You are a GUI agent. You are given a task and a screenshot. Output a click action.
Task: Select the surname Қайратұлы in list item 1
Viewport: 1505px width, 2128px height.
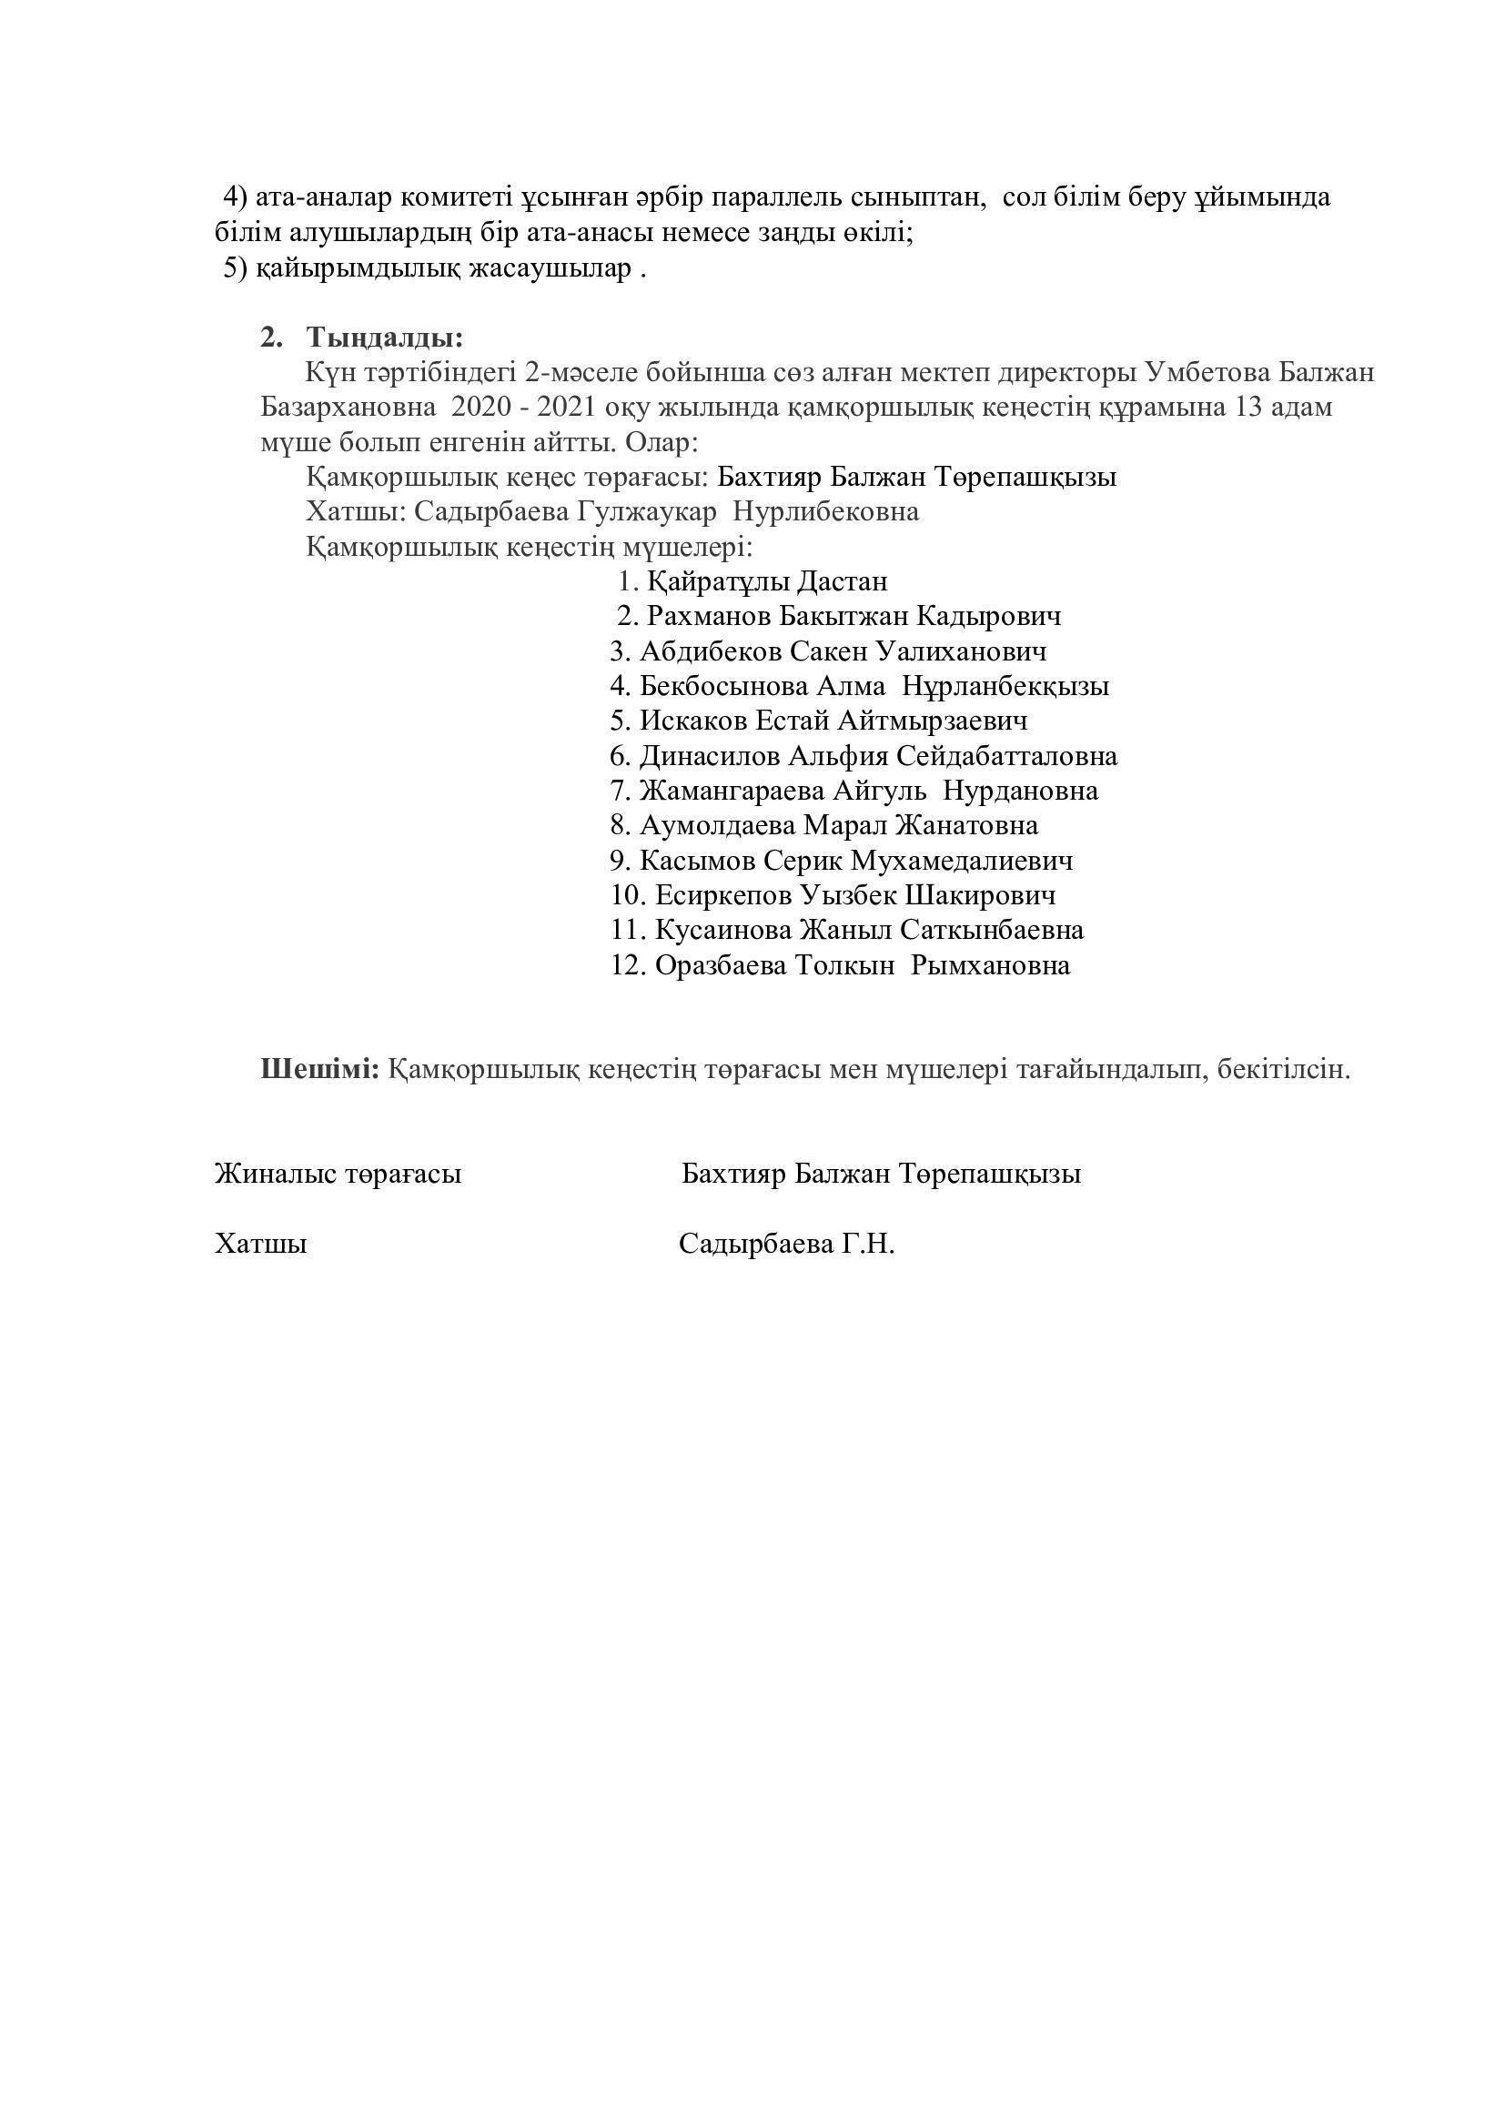click(x=718, y=582)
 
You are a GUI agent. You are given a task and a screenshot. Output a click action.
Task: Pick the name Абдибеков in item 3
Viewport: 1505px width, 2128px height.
click(x=711, y=651)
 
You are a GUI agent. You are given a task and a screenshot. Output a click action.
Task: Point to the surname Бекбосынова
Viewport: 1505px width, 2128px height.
click(x=722, y=687)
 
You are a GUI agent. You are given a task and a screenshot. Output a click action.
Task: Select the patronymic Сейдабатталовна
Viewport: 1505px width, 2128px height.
click(x=1006, y=756)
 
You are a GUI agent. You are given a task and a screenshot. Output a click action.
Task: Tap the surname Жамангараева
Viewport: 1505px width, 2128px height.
click(x=731, y=792)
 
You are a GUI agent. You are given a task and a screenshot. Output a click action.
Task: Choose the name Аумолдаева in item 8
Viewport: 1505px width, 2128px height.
click(x=716, y=826)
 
